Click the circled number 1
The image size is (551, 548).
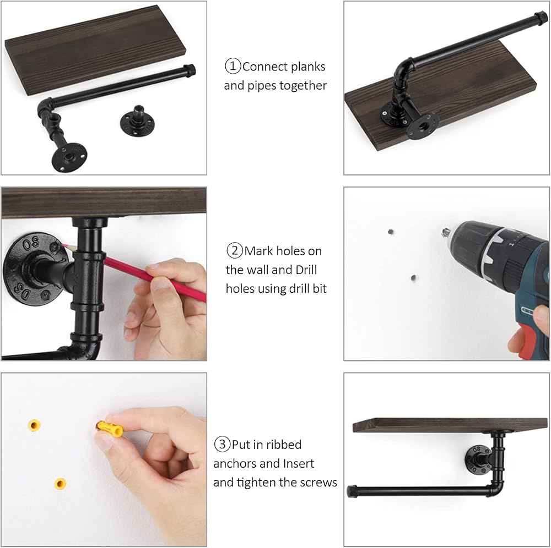pos(233,66)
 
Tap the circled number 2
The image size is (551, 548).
pos(234,250)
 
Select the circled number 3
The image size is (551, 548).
pos(222,444)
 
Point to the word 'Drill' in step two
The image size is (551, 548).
pos(306,270)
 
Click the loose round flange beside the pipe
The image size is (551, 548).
pos(137,122)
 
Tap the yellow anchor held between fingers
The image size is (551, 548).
pos(109,429)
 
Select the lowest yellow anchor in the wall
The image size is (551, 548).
pos(60,484)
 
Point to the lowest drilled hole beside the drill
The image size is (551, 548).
pos(414,278)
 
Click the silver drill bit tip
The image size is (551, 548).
pos(446,232)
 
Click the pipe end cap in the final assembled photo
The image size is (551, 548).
pos(352,491)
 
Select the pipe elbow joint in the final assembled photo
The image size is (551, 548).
pos(495,486)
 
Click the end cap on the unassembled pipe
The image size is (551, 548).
pos(189,70)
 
